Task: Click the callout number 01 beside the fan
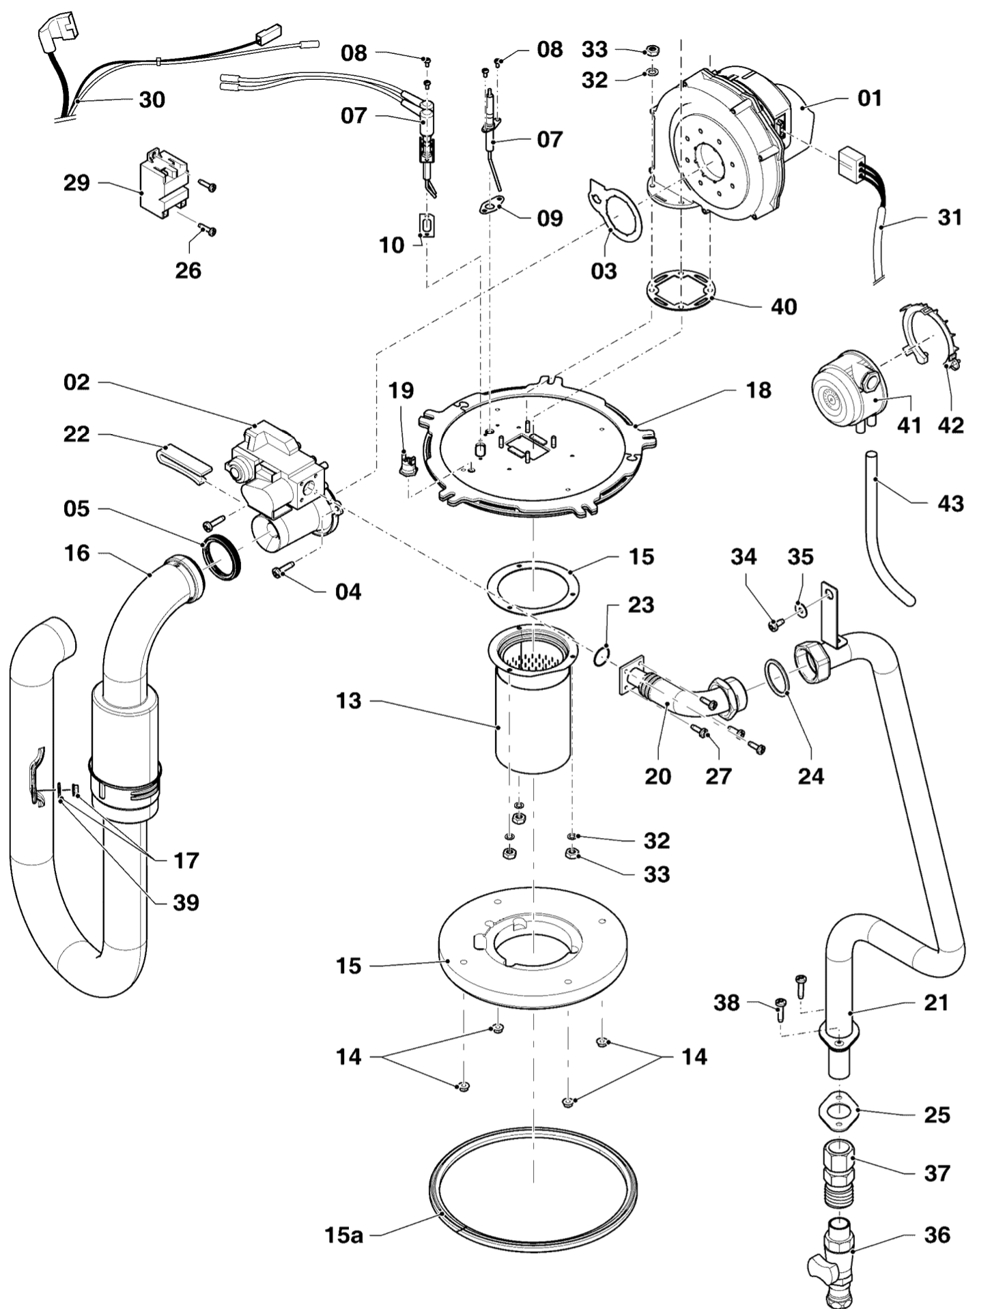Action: pos(869,98)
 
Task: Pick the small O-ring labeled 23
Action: pos(599,656)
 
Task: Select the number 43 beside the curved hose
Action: pos(950,504)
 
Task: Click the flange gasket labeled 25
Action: pos(836,1114)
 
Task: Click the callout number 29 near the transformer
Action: pos(76,183)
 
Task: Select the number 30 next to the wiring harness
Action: pos(152,100)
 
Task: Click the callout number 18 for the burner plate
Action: pos(759,390)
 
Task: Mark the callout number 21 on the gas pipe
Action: pos(936,1003)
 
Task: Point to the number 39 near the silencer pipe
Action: pos(186,902)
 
